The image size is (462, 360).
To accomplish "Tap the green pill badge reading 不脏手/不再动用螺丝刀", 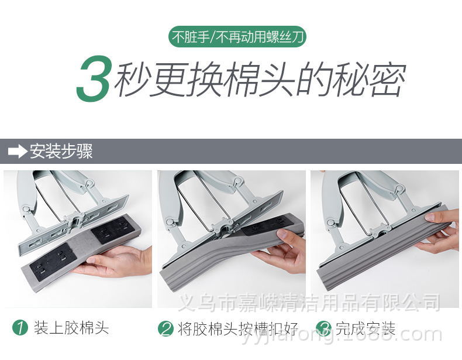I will point(237,38).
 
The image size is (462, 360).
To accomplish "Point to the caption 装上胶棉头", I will point(71,327).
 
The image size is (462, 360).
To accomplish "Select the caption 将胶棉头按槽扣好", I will point(237,328).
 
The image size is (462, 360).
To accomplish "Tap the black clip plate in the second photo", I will point(267,225).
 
